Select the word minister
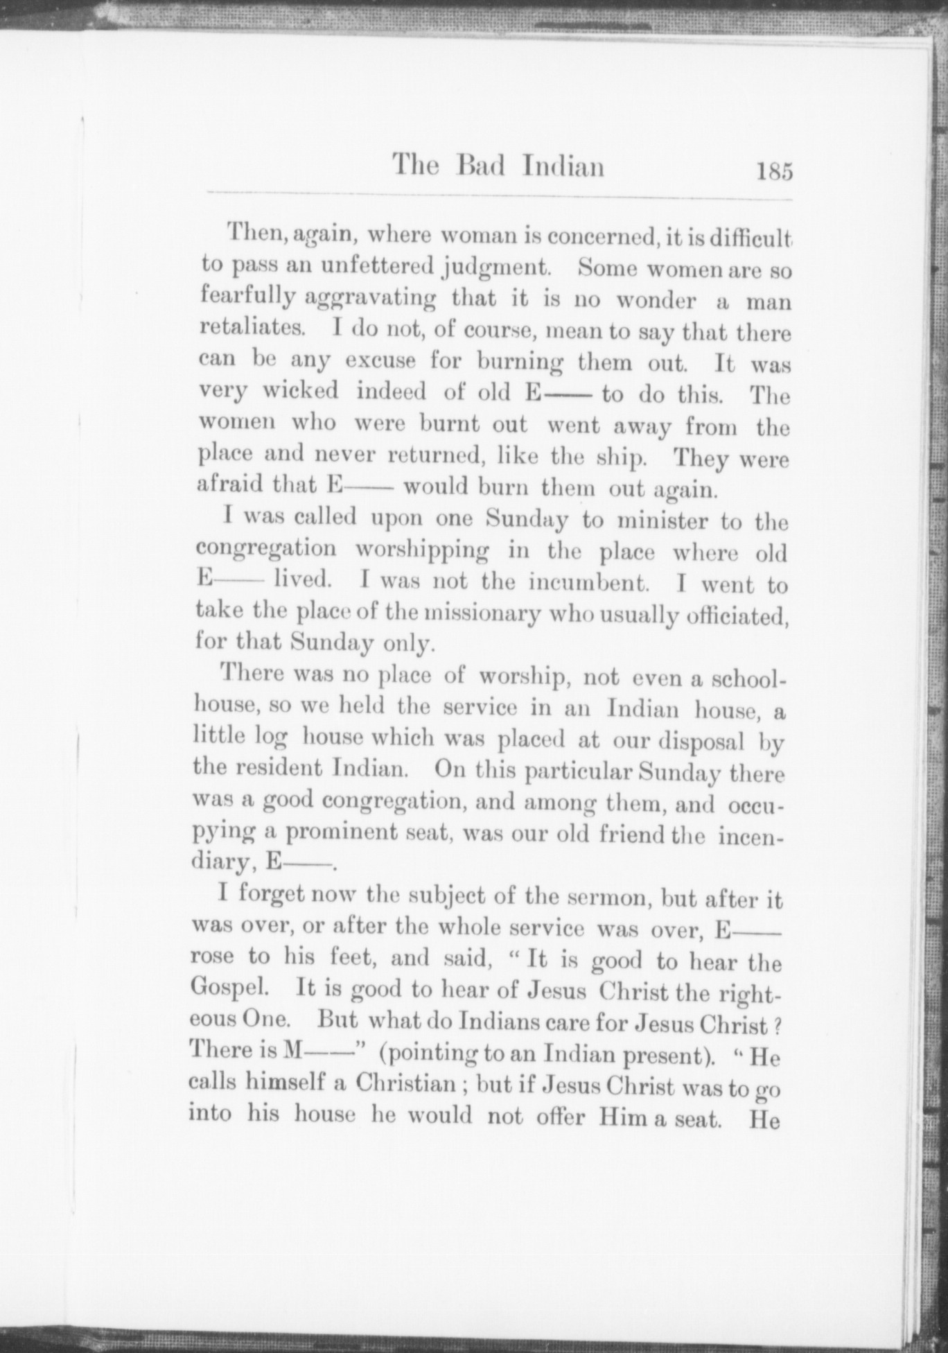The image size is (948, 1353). (661, 521)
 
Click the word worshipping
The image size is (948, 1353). (422, 552)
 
